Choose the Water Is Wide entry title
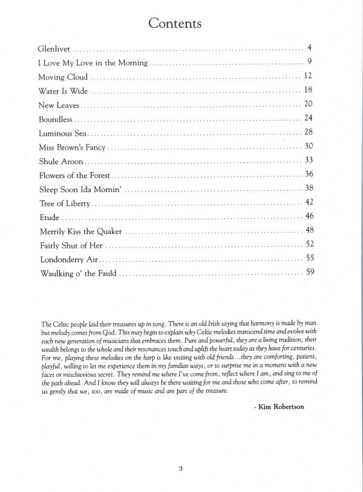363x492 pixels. tap(63, 91)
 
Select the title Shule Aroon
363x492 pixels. tap(60, 161)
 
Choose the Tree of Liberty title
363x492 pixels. tap(65, 204)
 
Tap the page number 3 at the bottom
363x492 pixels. tap(181, 468)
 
